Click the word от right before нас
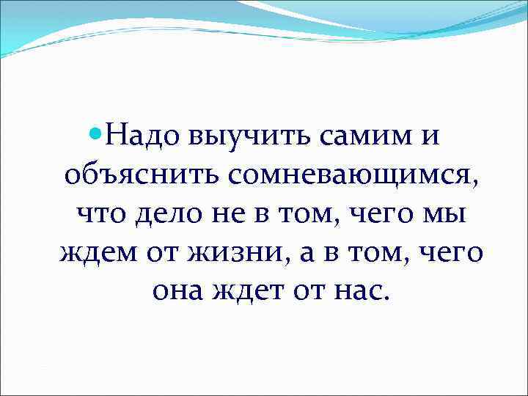tap(304, 293)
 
